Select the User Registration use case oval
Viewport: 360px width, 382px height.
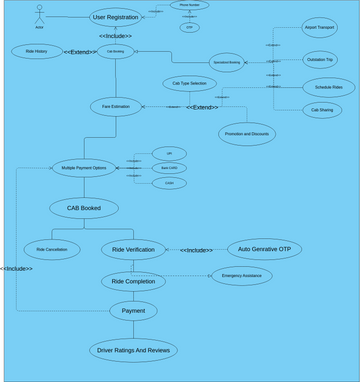[x=116, y=16]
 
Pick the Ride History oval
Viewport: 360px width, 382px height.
[x=37, y=51]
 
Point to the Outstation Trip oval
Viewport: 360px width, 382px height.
[x=320, y=60]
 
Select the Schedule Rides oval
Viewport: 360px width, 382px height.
[x=321, y=87]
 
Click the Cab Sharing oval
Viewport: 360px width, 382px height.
[x=321, y=110]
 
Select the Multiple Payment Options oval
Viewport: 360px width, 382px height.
[x=86, y=168]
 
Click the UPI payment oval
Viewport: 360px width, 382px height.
[x=168, y=153]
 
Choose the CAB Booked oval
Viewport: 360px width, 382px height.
[x=84, y=208]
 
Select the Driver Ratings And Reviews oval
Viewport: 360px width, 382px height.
[x=133, y=350]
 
